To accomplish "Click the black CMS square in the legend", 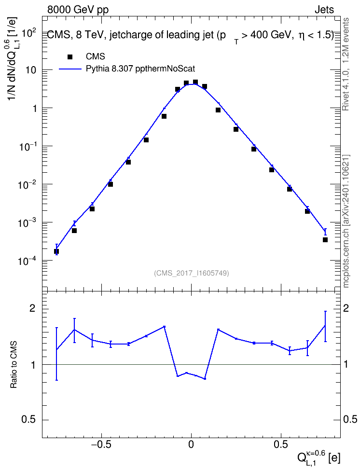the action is tap(70, 56).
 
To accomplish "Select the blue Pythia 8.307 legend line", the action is tap(70, 69).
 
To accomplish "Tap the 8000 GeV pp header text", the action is tap(78, 10).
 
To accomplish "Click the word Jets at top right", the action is tap(324, 10).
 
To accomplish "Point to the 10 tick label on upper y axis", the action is tap(31, 70).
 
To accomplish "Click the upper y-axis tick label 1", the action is tap(34, 108).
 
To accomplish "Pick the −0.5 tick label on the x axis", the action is tap(101, 445).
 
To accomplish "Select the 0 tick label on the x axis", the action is tap(191, 445).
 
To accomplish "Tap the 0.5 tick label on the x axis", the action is tap(281, 445).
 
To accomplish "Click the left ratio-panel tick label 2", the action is tap(32, 308).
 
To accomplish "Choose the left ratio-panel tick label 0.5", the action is tap(29, 420).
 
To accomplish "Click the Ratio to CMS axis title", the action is tap(14, 365).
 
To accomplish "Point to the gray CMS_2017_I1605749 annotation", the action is tap(191, 273).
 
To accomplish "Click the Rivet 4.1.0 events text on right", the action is tap(346, 64).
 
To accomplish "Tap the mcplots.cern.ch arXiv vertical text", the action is tap(346, 221).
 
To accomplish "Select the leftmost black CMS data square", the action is tap(56, 251).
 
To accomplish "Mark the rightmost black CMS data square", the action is tap(325, 240).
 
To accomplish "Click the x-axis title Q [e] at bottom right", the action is tap(318, 456).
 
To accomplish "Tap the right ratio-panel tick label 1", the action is tap(346, 364).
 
